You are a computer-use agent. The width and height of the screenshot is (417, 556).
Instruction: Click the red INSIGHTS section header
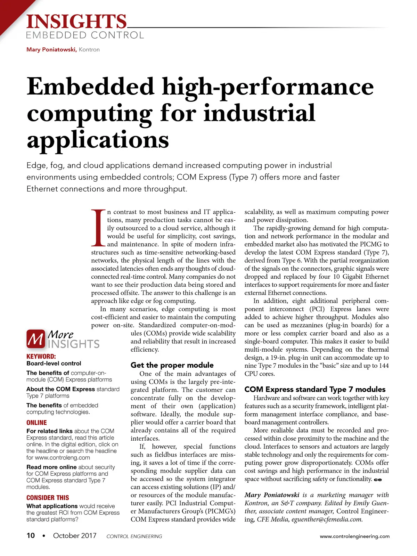coord(76,22)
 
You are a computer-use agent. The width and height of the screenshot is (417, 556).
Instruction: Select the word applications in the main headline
coord(98,140)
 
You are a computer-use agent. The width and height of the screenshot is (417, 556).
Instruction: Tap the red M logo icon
coord(35,339)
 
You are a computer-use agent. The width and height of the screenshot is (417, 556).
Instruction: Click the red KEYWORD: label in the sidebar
coord(41,356)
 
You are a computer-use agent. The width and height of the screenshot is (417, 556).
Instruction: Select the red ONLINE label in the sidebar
coord(36,423)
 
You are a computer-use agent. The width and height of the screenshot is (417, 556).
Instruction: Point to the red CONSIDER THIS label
coord(48,498)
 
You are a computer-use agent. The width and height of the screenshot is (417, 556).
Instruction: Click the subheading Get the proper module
coord(172,365)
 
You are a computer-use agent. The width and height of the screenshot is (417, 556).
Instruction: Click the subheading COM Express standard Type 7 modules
coord(315,389)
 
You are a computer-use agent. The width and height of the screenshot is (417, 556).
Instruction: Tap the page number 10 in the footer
coord(31,535)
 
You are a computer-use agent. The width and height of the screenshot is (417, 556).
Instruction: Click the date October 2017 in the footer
coord(75,535)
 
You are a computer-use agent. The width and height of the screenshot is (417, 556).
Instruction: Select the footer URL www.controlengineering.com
coord(354,536)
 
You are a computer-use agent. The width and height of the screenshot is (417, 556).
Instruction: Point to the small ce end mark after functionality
coord(378,480)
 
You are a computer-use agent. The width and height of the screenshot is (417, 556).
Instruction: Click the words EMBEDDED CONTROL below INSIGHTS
coord(85,35)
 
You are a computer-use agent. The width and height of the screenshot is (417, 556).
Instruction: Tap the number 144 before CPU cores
coord(383,366)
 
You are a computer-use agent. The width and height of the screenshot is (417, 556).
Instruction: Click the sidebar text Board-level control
coord(54,363)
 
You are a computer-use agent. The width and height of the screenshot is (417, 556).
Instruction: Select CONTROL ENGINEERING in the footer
coord(134,536)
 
